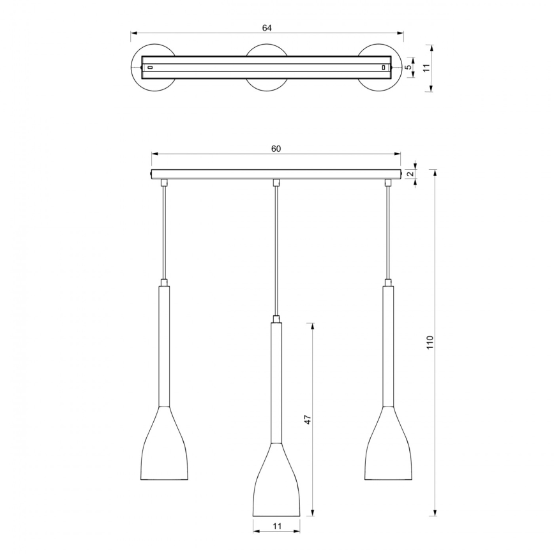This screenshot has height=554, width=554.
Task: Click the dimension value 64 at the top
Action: (267, 27)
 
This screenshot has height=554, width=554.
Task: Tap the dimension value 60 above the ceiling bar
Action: (276, 149)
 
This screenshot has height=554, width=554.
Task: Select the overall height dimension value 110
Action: (430, 343)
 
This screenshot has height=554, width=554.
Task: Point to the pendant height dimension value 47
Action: (307, 420)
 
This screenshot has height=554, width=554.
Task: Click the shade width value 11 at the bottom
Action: (276, 527)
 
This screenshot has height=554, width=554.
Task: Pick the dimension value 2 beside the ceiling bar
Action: (411, 174)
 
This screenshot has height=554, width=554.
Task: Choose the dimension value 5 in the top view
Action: (408, 66)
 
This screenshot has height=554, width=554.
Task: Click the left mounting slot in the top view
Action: (150, 66)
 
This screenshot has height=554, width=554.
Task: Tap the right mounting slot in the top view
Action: (383, 66)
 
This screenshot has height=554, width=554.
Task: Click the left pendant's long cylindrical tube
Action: (165, 345)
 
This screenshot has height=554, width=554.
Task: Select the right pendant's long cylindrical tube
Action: (388, 345)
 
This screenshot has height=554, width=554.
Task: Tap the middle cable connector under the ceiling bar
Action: (276, 183)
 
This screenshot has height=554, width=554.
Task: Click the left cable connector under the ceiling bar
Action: (165, 183)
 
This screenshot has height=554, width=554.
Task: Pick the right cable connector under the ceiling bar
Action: (388, 183)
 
